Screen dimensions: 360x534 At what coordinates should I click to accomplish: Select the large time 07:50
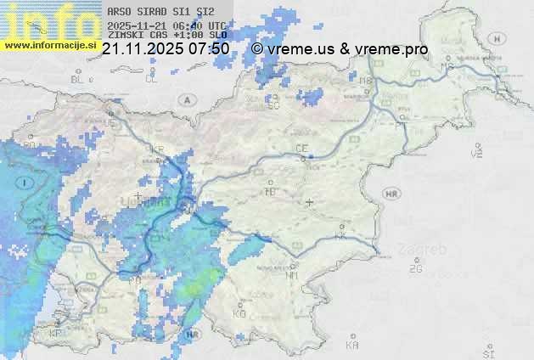click(207, 49)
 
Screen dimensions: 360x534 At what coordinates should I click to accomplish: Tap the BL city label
click(78, 80)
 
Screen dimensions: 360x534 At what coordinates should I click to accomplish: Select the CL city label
click(152, 80)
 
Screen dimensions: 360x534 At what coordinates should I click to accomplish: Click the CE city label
click(301, 149)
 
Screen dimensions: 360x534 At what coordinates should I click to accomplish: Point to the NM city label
click(292, 276)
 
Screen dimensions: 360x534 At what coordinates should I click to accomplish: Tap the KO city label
click(239, 313)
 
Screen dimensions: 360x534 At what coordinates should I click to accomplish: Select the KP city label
click(55, 334)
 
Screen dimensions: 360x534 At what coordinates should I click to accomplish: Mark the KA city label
click(352, 346)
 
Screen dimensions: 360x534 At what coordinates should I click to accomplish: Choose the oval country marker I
click(26, 183)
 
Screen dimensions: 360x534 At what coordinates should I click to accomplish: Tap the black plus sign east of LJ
click(310, 202)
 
